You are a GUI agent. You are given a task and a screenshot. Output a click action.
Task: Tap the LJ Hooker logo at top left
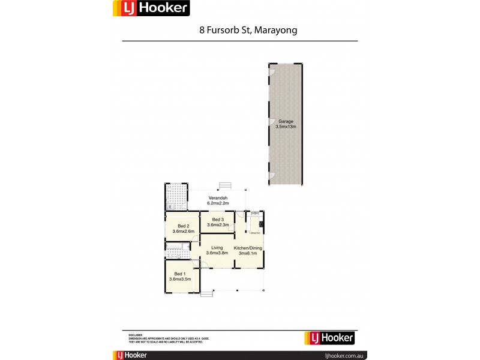coord(151,8)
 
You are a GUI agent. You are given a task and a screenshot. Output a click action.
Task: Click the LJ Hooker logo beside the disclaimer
coord(330,338)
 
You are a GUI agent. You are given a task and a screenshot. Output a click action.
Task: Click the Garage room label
coord(286,121)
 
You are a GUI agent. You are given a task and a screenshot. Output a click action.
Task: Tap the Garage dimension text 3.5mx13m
coord(286,127)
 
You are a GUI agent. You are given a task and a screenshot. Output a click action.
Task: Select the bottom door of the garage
coord(272,175)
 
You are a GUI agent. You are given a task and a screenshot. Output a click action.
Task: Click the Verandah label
coord(217,198)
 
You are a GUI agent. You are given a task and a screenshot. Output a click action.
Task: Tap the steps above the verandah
coord(226,185)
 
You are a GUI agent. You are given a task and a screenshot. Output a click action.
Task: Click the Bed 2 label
coord(182,226)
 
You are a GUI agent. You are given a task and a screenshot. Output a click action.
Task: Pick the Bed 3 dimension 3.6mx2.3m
coord(217,225)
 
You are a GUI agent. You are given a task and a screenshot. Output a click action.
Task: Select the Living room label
coord(217,247)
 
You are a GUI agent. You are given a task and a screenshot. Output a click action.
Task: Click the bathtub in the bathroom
coord(178,246)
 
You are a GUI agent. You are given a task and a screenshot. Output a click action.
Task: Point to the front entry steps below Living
coord(207,293)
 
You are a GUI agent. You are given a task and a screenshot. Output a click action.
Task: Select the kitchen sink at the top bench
coord(254,214)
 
